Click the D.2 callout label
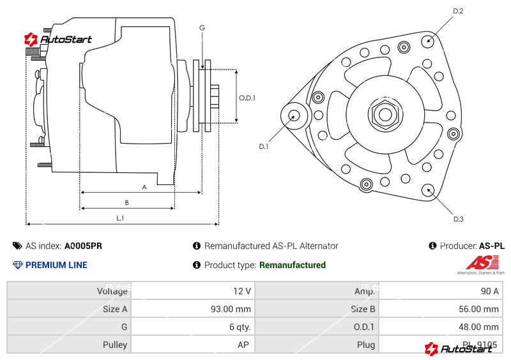click(458, 11)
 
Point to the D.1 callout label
click(264, 147)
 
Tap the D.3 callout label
click(458, 219)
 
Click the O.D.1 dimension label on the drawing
click(247, 98)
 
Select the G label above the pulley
click(202, 27)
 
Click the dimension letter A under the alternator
click(144, 187)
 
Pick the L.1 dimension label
click(120, 218)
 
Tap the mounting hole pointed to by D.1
click(294, 116)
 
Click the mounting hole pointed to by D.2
click(429, 40)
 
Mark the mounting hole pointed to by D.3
click(428, 190)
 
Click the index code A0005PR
click(83, 246)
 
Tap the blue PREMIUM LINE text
click(56, 265)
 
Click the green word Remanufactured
click(292, 265)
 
